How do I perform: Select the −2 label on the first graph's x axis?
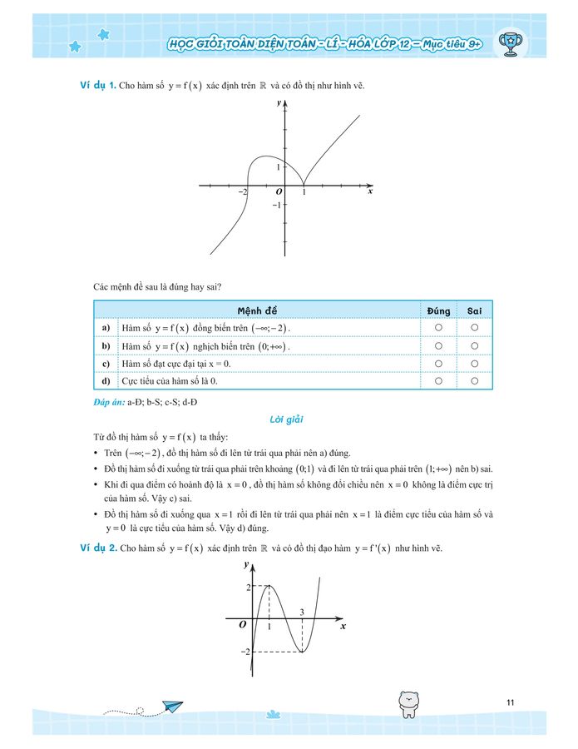(242, 192)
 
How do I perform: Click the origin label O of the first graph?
(279, 192)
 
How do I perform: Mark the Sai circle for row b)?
(474, 345)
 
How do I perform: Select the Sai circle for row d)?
(474, 381)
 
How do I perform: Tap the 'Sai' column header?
(474, 310)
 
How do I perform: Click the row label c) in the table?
(106, 364)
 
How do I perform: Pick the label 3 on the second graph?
(302, 613)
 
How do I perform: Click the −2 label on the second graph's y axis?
(245, 652)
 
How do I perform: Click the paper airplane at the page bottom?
(172, 707)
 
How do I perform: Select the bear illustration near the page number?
(408, 702)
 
